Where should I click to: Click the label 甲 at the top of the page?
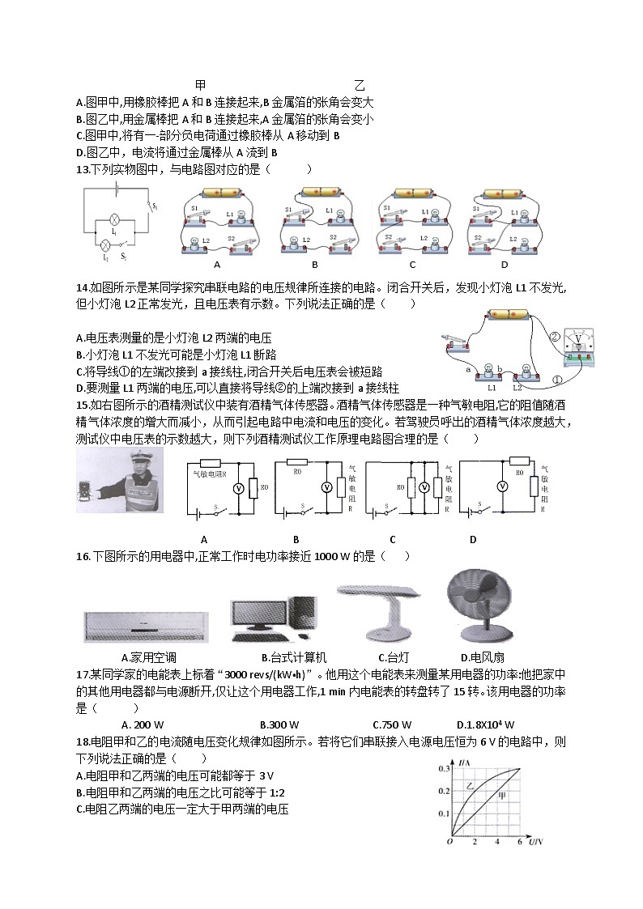(x=201, y=85)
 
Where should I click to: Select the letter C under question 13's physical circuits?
(x=412, y=265)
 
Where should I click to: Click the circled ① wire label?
(x=557, y=379)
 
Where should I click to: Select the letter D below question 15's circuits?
(x=472, y=540)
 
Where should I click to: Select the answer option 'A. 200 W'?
(x=142, y=724)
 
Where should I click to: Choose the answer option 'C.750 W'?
(x=391, y=724)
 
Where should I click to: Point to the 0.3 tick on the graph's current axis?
(x=443, y=768)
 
